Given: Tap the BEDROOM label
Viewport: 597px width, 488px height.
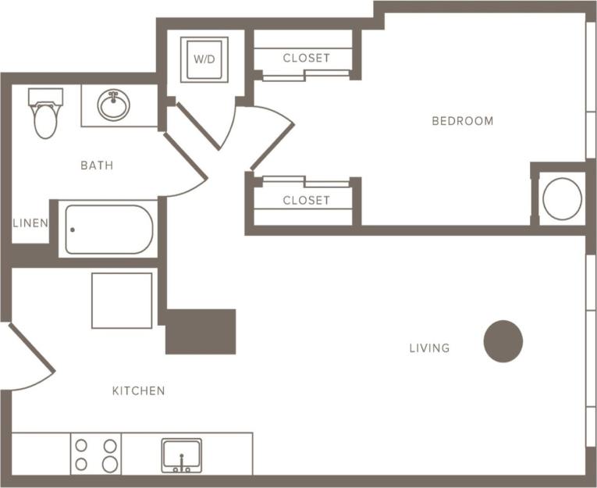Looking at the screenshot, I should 463,121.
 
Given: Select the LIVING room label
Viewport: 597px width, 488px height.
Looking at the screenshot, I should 429,348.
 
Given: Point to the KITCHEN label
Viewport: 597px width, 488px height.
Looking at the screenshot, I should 138,390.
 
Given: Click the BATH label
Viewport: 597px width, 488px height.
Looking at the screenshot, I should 97,166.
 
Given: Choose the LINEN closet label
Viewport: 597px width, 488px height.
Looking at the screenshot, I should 30,223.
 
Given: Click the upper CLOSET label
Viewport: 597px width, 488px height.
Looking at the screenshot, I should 306,58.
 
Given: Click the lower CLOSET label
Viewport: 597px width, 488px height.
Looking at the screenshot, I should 306,201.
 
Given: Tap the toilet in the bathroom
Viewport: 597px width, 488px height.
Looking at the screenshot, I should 45,114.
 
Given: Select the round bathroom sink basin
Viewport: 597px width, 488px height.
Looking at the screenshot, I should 115,106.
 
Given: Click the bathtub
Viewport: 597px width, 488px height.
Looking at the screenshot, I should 109,230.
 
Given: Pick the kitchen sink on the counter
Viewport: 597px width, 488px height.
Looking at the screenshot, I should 182,455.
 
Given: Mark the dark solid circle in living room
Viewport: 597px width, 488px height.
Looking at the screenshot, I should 503,341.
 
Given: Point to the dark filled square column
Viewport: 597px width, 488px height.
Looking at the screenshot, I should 201,332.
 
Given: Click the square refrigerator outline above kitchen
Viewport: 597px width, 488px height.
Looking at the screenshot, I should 122,301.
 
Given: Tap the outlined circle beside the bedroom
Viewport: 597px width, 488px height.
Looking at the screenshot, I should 562,198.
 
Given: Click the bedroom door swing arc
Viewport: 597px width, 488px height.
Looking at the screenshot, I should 269,137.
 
